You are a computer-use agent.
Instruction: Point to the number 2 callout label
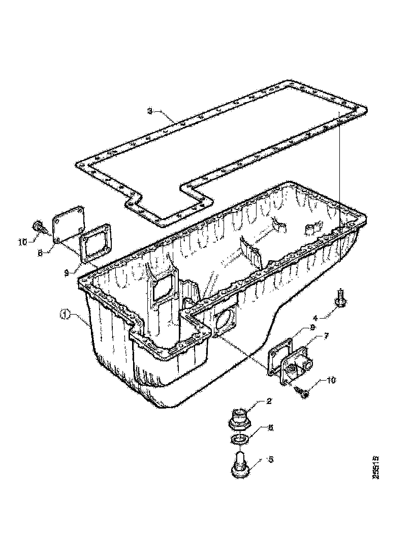[x=269, y=401]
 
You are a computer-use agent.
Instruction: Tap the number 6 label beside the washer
[x=271, y=428]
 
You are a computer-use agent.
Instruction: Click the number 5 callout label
[x=271, y=459]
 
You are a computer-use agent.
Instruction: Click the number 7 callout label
[x=326, y=336]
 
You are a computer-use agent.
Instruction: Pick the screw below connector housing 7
[x=302, y=391]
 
